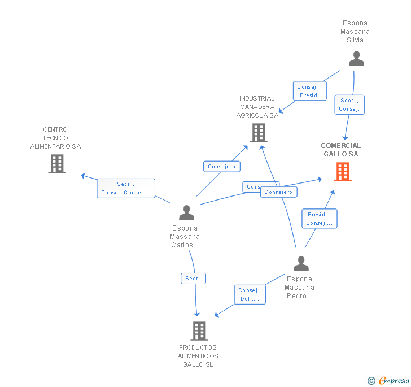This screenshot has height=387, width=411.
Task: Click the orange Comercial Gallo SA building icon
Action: [343, 171]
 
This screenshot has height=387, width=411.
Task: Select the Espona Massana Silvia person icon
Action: [356, 59]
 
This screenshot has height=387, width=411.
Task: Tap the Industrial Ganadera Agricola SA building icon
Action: [258, 132]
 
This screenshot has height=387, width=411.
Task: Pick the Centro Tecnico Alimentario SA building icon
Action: [57, 163]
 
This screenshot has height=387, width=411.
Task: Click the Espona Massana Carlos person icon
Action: [186, 213]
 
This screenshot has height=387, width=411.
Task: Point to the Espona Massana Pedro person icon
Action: [301, 263]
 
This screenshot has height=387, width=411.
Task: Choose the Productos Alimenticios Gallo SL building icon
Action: [199, 331]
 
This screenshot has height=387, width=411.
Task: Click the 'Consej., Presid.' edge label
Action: [310, 91]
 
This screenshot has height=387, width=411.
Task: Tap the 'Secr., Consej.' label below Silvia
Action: [349, 105]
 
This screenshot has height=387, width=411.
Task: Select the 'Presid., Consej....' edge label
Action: [320, 219]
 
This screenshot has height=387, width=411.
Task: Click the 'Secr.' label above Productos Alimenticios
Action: [193, 279]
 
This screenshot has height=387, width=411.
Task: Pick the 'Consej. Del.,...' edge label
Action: [249, 294]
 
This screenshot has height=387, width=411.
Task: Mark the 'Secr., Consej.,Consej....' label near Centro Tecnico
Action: [125, 188]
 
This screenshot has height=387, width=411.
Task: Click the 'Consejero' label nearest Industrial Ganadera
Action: [222, 167]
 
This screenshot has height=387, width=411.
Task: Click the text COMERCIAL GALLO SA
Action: [341, 150]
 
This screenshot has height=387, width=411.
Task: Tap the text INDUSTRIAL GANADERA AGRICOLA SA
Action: [257, 107]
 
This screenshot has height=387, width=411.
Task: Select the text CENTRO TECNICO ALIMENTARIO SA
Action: [55, 138]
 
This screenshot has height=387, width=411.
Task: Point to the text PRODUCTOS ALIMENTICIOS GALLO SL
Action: [198, 356]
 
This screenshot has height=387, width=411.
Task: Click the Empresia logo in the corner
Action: [394, 380]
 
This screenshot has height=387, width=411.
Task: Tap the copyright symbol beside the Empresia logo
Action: [371, 381]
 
